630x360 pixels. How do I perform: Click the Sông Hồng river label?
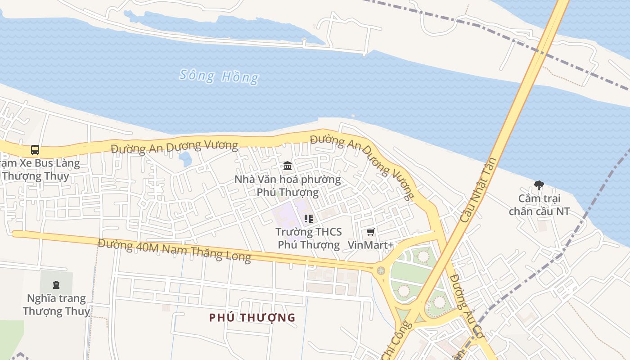[x=219, y=76]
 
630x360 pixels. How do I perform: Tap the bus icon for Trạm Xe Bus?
[x=35, y=149]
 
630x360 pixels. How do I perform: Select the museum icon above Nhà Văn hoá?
[x=288, y=166]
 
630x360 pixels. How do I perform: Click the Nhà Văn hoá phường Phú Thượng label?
[x=288, y=186]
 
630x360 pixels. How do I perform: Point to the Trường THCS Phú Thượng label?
[x=309, y=238]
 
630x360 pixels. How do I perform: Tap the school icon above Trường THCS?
[x=309, y=219]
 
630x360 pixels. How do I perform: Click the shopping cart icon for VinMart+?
[x=370, y=232]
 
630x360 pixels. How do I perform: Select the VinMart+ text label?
[x=371, y=245]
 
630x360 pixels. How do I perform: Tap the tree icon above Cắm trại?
[x=539, y=185]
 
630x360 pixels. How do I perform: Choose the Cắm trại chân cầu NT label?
[x=539, y=205]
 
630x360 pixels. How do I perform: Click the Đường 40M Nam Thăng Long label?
[x=174, y=250]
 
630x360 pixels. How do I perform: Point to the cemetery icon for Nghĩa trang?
[x=56, y=284]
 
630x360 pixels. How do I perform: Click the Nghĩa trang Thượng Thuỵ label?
[x=56, y=305]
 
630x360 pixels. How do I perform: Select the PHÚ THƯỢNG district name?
[x=252, y=318]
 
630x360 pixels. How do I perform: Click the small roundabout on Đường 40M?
[x=381, y=270]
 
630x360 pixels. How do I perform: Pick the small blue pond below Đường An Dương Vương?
[x=185, y=158]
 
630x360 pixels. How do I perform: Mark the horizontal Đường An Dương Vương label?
[x=174, y=146]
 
